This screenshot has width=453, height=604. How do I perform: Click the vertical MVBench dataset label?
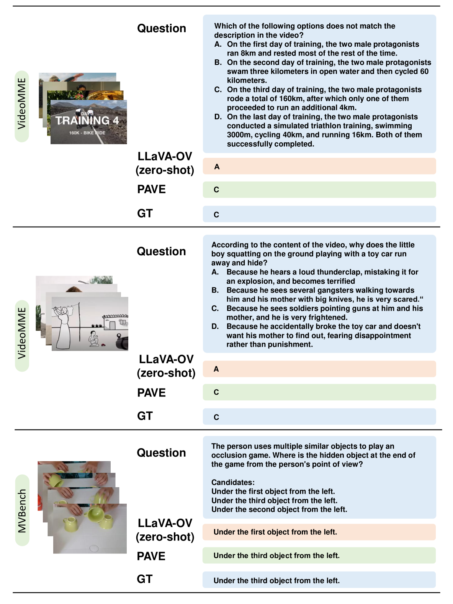click(x=22, y=511)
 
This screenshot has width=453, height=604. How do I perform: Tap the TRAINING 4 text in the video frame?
click(x=87, y=121)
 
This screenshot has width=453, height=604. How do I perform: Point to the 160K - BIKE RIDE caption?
click(x=87, y=133)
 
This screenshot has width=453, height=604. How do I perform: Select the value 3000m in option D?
click(x=240, y=135)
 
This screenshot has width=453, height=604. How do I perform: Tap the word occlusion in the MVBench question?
click(x=229, y=455)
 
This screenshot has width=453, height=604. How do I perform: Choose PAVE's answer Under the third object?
click(x=276, y=555)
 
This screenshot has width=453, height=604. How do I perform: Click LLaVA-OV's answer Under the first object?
click(x=275, y=532)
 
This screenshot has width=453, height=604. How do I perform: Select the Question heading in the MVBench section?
click(x=161, y=453)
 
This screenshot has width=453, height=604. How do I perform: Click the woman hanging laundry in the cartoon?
click(x=63, y=325)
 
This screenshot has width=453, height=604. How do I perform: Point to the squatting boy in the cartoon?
click(x=93, y=338)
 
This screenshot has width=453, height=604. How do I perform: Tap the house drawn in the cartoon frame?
click(x=114, y=322)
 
